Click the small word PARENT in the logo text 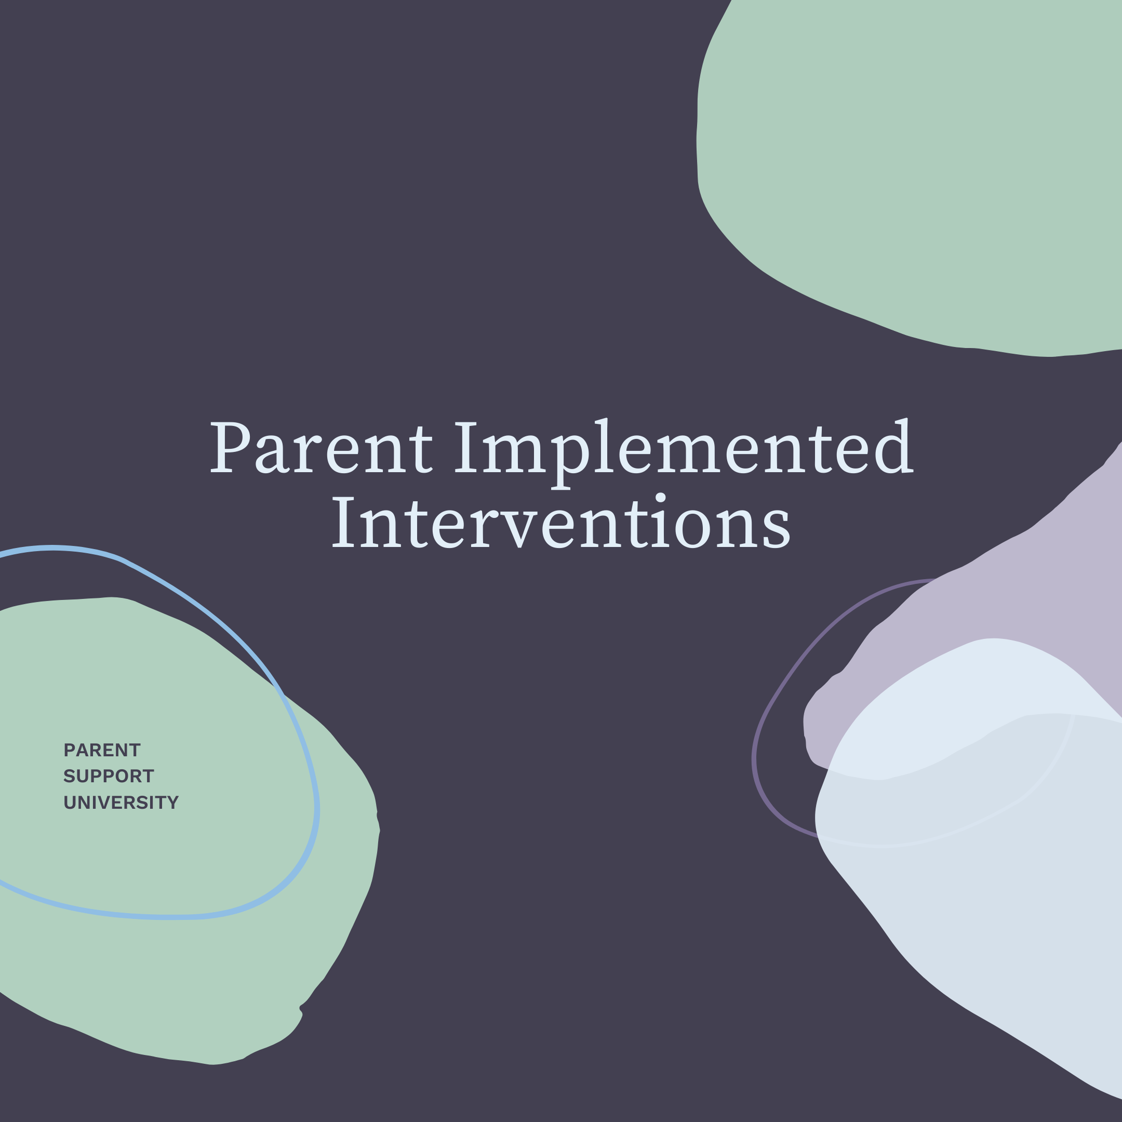click(x=102, y=750)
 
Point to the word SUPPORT click(x=109, y=777)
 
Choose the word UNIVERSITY click(x=121, y=803)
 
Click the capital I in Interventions click(x=343, y=522)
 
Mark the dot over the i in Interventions click(x=660, y=497)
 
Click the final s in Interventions click(x=777, y=528)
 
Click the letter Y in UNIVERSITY click(x=172, y=803)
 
